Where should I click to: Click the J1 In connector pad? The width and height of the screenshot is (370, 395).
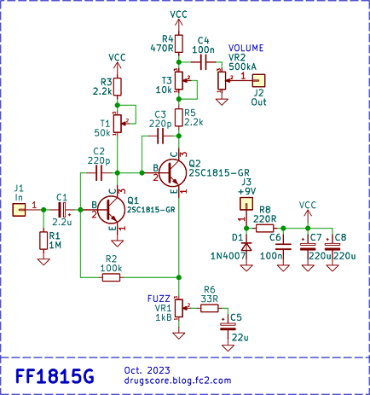coord(19,210)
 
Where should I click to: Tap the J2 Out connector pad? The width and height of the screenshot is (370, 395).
coord(259,81)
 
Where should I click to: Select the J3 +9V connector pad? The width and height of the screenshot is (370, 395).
coord(246,204)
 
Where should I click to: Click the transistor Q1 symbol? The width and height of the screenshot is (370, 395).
coord(111,210)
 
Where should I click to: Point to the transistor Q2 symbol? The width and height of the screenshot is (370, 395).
coord(173,172)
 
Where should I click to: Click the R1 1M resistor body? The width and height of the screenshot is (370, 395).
coord(43,241)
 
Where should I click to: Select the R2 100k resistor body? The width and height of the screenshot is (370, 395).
coord(111,277)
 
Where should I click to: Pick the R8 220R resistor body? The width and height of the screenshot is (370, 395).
coord(265,228)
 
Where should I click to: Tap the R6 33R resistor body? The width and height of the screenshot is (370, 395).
coord(210,308)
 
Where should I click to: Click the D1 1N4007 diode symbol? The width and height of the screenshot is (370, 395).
coord(246,247)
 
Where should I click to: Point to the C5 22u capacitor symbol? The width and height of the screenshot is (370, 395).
coord(228,327)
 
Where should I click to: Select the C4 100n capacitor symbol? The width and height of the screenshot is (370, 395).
coord(203,62)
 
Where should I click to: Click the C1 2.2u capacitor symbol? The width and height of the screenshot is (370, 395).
coord(62,210)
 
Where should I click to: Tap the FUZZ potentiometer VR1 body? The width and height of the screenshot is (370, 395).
coord(179,308)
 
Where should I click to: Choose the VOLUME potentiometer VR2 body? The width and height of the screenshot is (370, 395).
coord(222,81)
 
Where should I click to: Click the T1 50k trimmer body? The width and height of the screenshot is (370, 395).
coord(118,124)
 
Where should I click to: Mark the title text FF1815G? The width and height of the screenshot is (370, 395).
coord(55,376)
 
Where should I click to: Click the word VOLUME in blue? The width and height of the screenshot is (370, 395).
coord(246,48)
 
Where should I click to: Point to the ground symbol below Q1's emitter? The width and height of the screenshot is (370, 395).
coord(118,243)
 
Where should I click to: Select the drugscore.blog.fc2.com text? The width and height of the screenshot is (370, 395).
coord(177,380)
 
